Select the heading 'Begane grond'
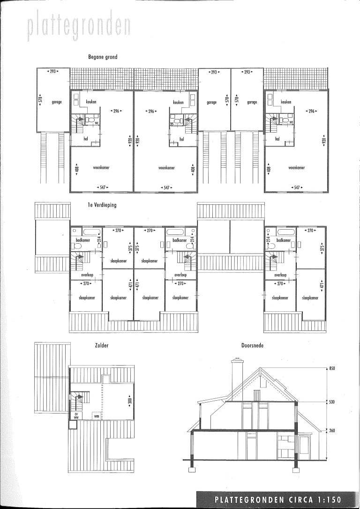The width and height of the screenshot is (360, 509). tap(103, 57)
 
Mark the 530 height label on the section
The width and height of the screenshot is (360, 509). tap(332, 402)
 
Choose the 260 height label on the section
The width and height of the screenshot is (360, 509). tap(332, 430)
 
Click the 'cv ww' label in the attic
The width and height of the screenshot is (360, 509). tap(75, 415)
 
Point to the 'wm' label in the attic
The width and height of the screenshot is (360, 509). tap(96, 416)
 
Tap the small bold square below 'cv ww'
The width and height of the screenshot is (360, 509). tap(72, 425)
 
